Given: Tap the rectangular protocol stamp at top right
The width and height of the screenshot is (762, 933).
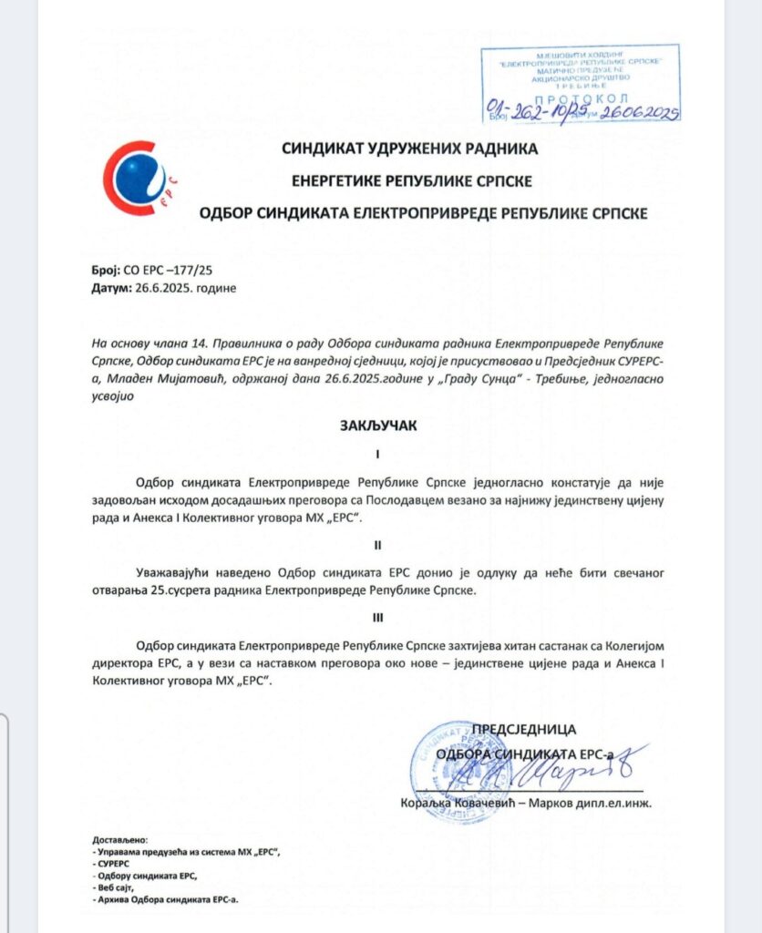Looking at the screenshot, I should (581, 83).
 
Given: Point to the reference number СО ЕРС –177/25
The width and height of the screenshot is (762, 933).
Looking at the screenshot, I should (160, 272).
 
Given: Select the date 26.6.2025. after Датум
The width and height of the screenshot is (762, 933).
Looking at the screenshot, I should (160, 288).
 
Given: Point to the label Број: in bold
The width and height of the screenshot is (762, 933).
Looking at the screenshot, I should (106, 272).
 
